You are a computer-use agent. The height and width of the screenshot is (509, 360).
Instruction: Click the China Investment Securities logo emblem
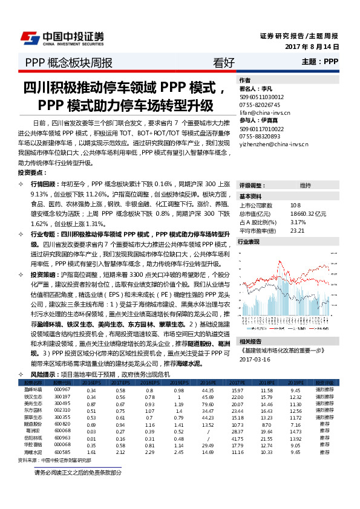click(30, 38)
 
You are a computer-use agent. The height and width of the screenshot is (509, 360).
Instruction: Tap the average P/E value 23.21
click(297, 230)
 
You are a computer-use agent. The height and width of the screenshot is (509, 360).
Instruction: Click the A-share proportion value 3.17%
click(298, 222)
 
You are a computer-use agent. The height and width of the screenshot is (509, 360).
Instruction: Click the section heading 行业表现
click(249, 241)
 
